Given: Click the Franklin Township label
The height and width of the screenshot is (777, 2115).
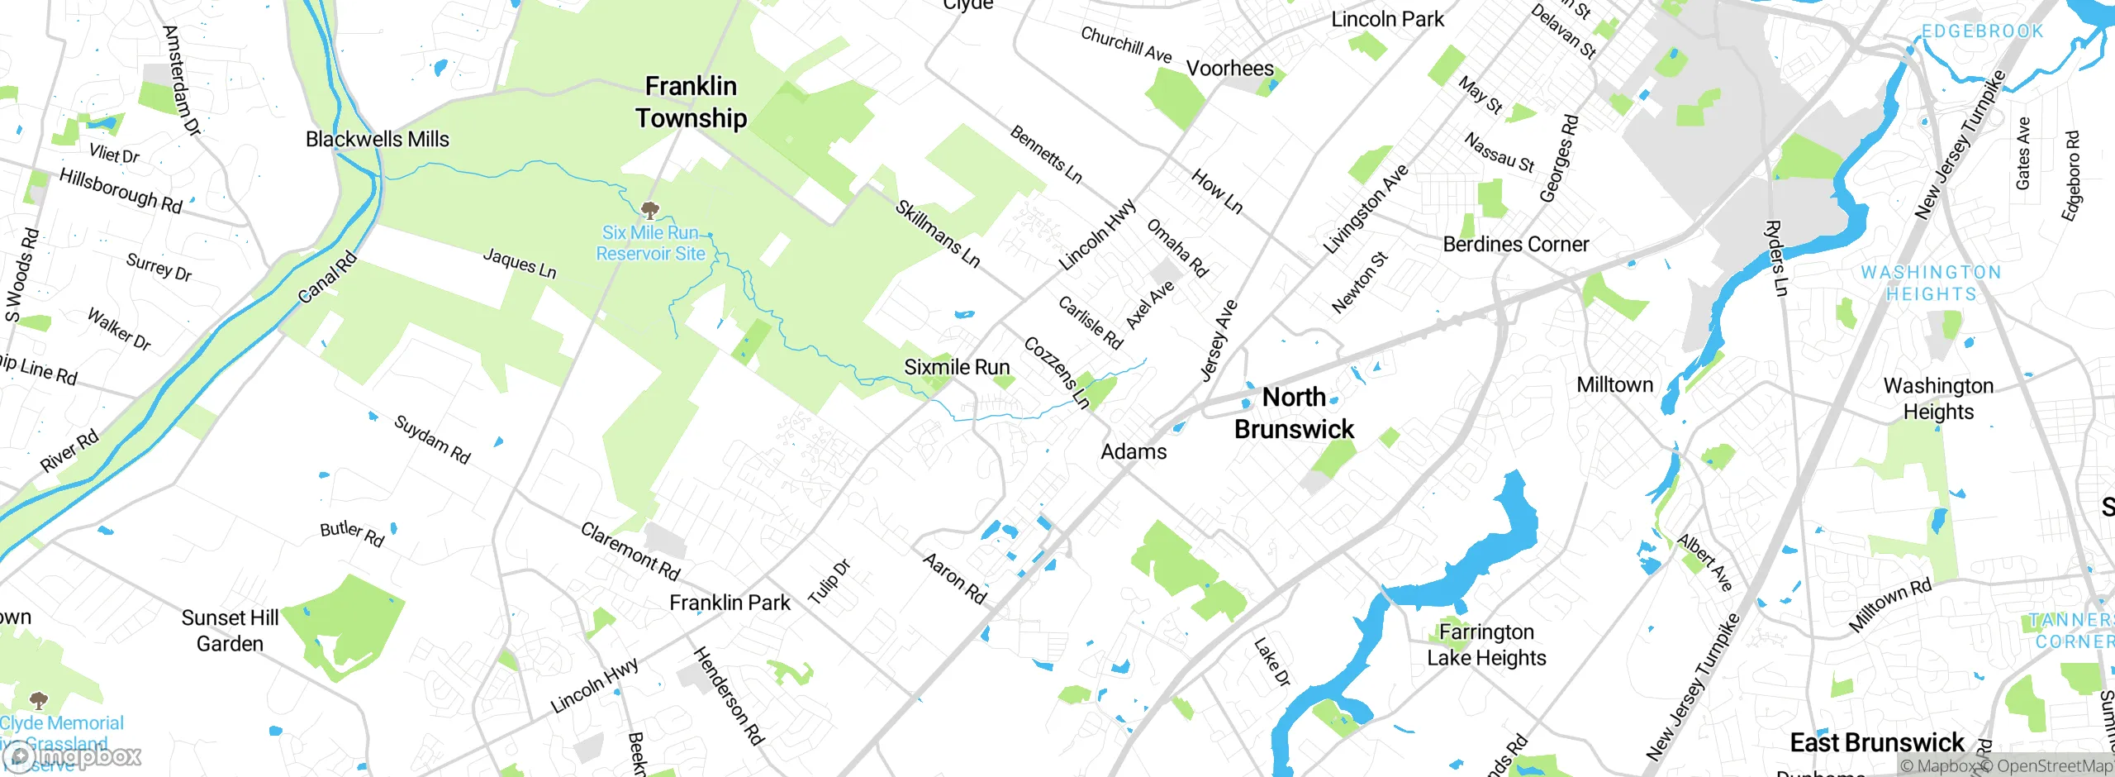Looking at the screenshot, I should point(691,102).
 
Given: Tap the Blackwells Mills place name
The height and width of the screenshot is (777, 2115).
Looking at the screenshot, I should point(377,139).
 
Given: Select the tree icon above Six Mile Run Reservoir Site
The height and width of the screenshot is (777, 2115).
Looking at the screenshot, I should point(650,208).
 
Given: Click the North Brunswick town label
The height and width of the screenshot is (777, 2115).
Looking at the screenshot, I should point(1294,412).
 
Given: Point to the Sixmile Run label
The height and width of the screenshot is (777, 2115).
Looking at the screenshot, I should point(957,367).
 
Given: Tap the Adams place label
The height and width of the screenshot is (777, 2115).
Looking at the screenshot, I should point(1134,451).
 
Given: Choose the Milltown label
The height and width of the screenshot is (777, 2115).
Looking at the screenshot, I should point(1614,384).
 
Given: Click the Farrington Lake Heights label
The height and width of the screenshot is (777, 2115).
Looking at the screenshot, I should point(1486,645).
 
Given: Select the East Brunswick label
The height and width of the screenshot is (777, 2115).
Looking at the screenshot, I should point(1876,742).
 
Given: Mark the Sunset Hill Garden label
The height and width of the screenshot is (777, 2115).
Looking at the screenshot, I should point(230,631).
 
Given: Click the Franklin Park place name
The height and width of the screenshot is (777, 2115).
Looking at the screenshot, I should point(730,603).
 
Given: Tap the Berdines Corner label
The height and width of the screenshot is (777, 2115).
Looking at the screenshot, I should point(1515,245).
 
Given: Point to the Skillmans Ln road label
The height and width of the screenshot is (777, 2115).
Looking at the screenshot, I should point(937,234).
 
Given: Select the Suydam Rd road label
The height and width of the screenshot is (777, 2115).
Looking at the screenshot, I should point(432,440).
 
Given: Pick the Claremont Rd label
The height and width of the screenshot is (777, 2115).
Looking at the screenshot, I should point(630,551).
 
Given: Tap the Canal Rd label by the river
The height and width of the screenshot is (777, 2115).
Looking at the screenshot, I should point(327,278).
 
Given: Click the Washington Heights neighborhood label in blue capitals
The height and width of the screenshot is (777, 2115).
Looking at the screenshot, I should point(1930,283).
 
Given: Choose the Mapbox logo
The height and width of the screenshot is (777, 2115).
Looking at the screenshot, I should point(73,756).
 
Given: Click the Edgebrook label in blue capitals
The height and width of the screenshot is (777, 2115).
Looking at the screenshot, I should point(1981,31).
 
